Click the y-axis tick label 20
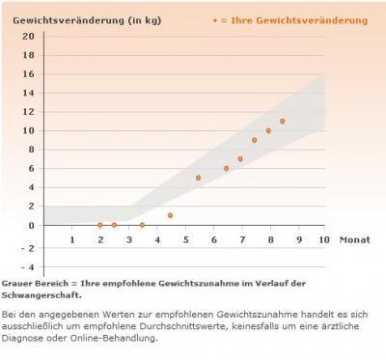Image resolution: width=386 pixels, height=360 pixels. [x=29, y=36]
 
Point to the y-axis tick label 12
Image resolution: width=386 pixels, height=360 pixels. [x=29, y=111]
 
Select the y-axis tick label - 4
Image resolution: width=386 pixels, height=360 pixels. [x=28, y=266]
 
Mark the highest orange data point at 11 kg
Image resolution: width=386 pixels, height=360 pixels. [x=283, y=122]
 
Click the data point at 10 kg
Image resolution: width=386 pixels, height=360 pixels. [x=268, y=130]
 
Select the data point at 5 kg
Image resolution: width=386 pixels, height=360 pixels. [x=198, y=178]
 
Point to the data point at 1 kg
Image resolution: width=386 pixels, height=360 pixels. [x=170, y=215]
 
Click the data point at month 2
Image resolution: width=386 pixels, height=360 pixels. [x=100, y=225]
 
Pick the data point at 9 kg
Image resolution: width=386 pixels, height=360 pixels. [x=255, y=140]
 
